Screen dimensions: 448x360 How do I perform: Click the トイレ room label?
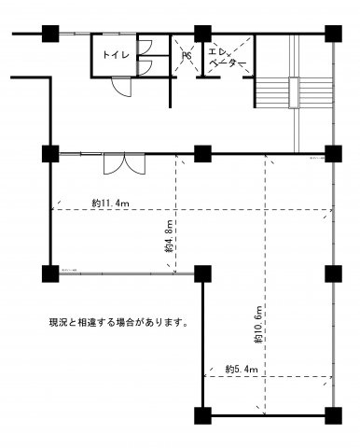click(117, 53)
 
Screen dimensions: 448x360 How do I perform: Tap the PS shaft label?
click(187, 56)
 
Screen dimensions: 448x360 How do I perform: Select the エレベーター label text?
click(226, 58)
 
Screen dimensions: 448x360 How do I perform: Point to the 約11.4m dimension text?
click(110, 202)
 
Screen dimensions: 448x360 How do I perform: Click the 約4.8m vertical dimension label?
click(169, 238)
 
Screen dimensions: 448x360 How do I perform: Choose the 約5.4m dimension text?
click(241, 371)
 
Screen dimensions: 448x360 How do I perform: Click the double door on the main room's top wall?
click(122, 162)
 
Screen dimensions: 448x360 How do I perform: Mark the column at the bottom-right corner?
click(332, 414)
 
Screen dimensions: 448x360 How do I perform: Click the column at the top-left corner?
click(48, 31)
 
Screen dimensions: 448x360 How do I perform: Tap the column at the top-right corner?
click(332, 31)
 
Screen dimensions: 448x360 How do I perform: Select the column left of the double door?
click(48, 151)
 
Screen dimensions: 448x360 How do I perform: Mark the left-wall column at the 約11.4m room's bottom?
click(48, 273)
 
